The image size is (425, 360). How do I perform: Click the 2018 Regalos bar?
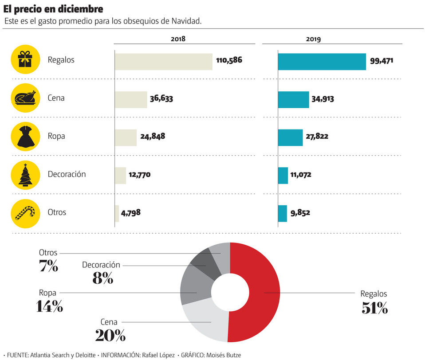(x=164, y=62)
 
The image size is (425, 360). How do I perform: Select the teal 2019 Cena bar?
(x=293, y=100)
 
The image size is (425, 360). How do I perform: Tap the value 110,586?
(x=229, y=60)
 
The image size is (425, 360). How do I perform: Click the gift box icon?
(x=25, y=60)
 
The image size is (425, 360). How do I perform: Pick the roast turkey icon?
(x=25, y=98)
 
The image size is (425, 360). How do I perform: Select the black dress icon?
(x=25, y=136)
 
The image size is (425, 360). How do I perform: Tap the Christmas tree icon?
(x=25, y=174)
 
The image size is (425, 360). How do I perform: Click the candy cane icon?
(x=25, y=212)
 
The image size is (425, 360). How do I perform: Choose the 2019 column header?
(x=314, y=39)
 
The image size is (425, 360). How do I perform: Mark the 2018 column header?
(x=178, y=39)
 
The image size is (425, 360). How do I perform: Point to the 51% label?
(x=374, y=308)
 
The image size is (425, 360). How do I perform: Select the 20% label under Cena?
(x=110, y=336)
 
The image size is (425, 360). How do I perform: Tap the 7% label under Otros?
(x=48, y=266)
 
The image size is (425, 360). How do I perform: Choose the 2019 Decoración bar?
(x=283, y=175)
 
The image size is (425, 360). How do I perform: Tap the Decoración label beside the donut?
(x=101, y=265)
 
